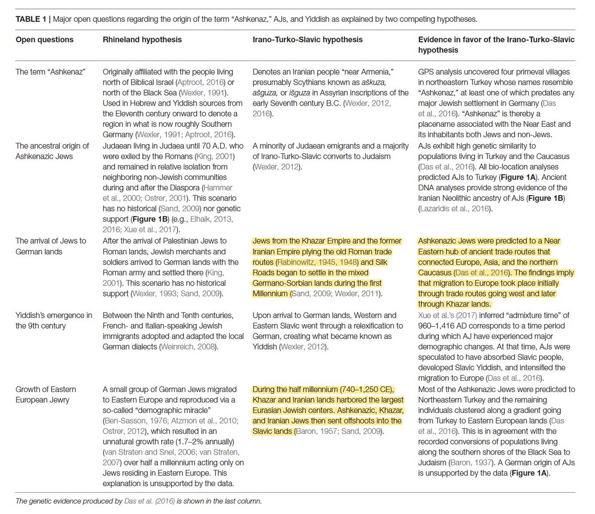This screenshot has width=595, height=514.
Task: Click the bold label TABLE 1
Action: [31, 19]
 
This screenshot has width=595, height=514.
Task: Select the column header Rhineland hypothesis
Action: [142, 40]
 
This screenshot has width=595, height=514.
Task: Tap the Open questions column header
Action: [44, 40]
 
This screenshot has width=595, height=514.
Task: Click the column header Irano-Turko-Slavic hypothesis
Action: [307, 40]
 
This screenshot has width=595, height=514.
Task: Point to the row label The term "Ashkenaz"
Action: [50, 72]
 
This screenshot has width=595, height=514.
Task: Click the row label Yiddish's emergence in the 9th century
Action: [54, 320]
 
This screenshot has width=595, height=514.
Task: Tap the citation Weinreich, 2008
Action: [188, 346]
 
